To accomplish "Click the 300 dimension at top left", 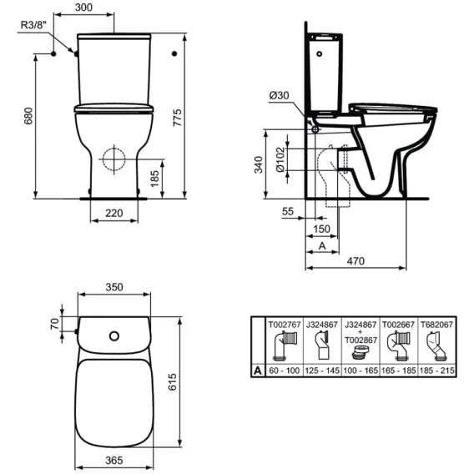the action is tap(83, 8).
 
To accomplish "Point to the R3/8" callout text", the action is tap(33, 25).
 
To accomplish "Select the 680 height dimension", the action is tap(28, 116).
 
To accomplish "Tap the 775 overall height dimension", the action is tap(177, 118).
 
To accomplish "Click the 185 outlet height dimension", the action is tap(154, 179).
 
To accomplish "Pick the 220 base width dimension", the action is tap(114, 213).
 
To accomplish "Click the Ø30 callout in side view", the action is tap(279, 95).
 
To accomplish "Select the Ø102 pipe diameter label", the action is tap(281, 159).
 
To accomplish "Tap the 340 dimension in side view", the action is tap(259, 164).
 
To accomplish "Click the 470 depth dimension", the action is tap(355, 260).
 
